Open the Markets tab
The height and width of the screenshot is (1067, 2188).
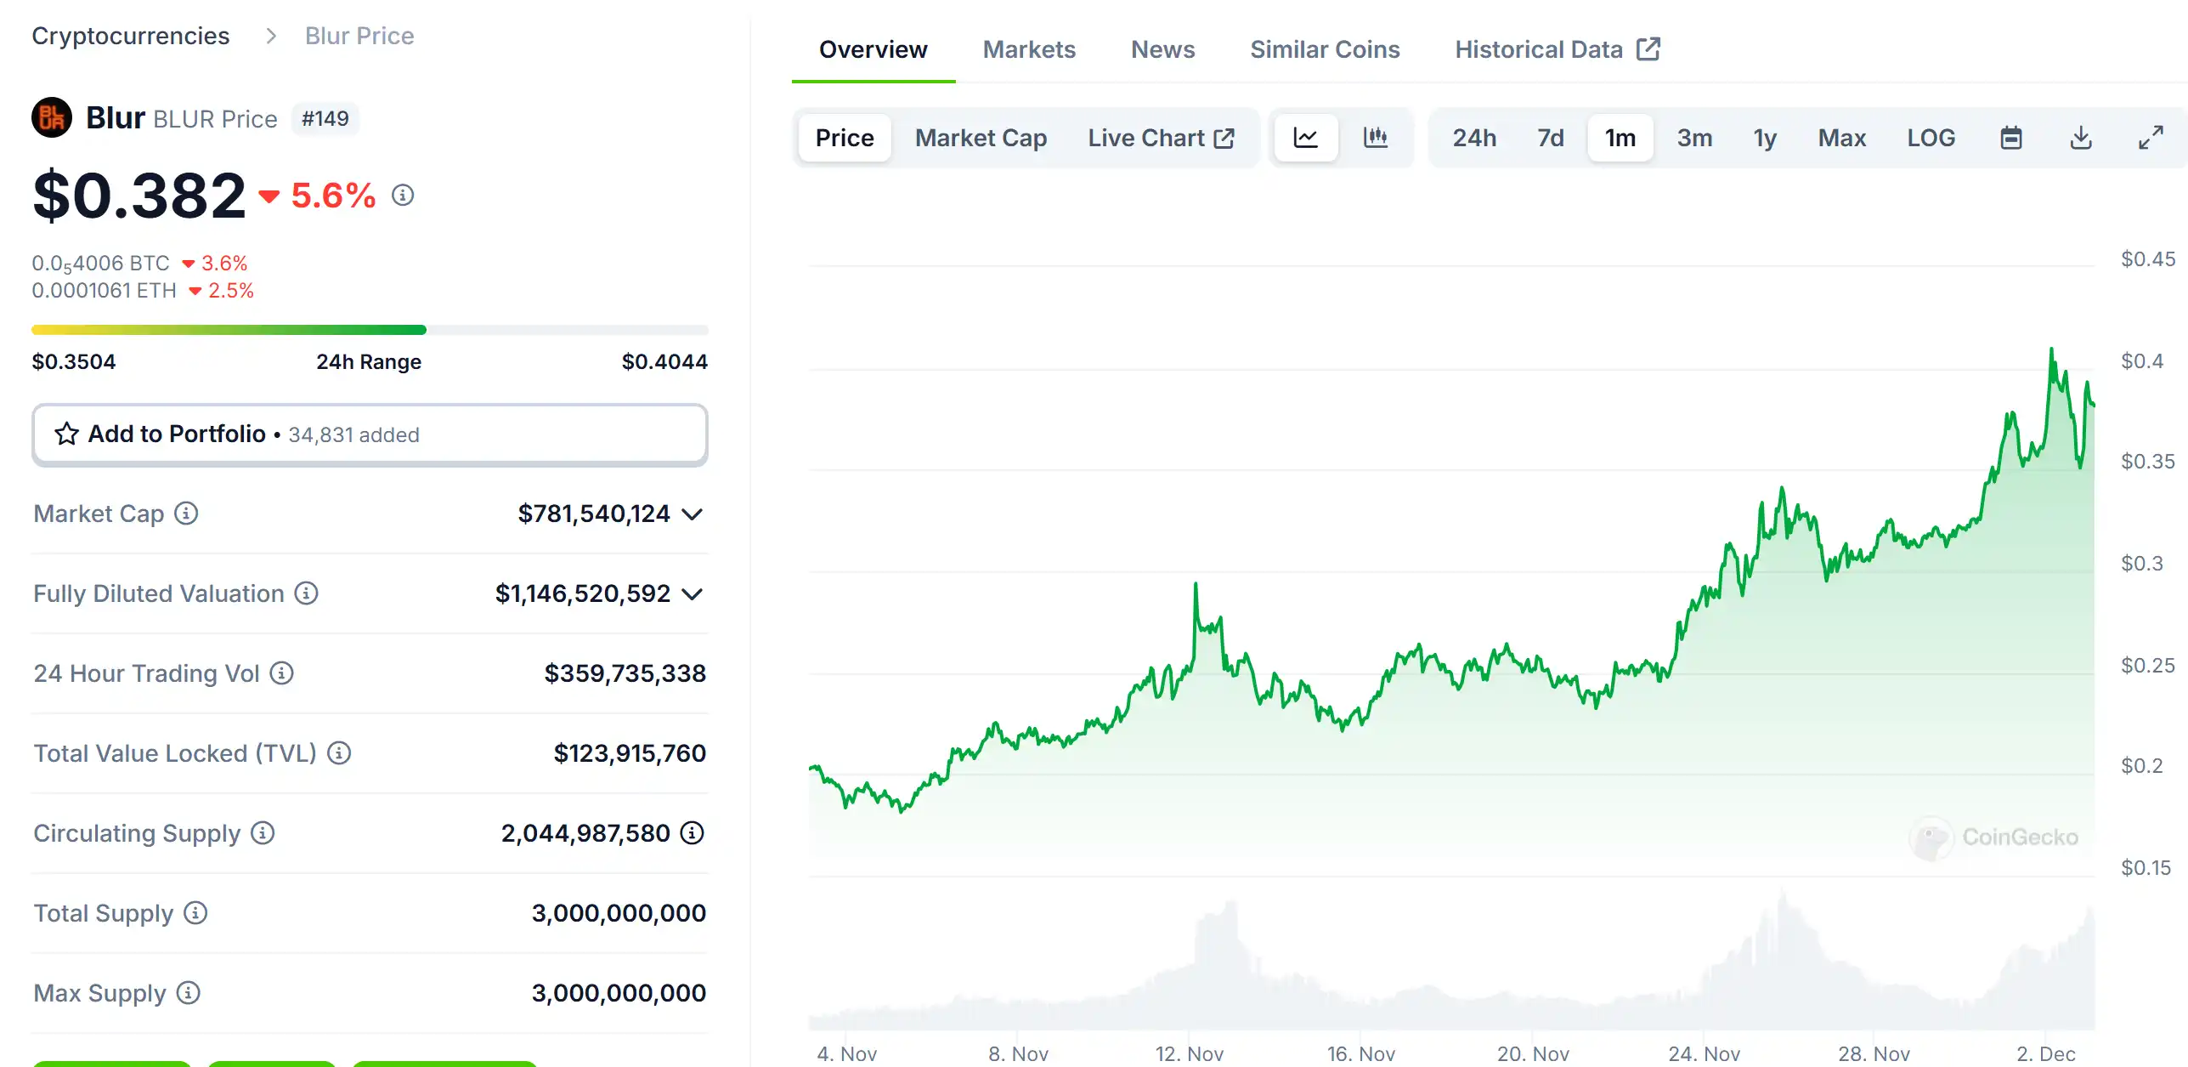tap(1028, 49)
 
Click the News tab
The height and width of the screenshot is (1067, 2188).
tap(1162, 49)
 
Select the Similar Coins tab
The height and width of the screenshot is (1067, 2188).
tap(1324, 49)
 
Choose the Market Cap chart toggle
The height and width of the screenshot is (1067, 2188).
tap(980, 138)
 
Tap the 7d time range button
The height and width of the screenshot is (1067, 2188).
tap(1550, 138)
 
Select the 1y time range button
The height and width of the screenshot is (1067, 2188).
tap(1764, 138)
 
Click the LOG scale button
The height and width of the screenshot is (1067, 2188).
tap(1930, 138)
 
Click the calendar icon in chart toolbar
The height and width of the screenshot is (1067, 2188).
tap(2010, 138)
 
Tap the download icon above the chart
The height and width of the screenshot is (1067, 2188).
tap(2080, 138)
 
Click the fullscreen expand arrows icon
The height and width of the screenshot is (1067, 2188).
tap(2150, 138)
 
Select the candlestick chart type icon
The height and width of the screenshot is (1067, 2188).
tap(1375, 138)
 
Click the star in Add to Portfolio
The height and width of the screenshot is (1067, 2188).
tap(66, 434)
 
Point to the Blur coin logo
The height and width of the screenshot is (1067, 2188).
tap(52, 118)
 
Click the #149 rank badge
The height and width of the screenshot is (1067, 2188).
tap(325, 119)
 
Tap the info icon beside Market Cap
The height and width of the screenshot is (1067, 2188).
tap(186, 514)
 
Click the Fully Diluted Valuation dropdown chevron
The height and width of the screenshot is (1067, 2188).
tap(693, 593)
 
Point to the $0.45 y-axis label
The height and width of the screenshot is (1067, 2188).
tap(2146, 259)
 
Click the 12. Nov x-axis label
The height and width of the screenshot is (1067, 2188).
tap(1189, 1053)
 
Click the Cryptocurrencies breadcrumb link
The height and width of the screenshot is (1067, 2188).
tap(131, 36)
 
